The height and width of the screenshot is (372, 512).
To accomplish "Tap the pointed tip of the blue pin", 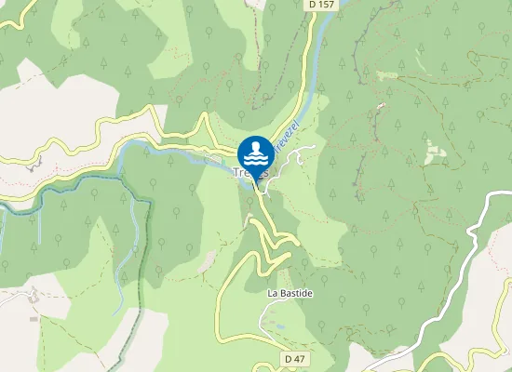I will click(x=255, y=182).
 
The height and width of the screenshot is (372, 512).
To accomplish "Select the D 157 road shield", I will click(x=320, y=5).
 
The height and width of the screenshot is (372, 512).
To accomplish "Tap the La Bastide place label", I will click(x=290, y=294).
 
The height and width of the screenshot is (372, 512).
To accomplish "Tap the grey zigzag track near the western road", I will click(x=37, y=165).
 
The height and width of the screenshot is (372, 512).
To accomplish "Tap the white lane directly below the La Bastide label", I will click(x=279, y=312).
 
